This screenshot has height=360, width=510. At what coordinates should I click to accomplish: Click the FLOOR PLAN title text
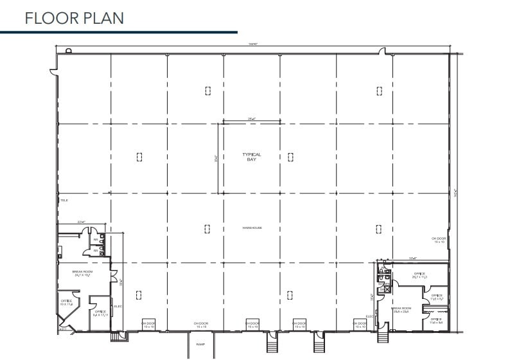[x=74, y=17]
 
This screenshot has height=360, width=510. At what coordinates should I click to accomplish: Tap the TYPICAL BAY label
[x=252, y=156]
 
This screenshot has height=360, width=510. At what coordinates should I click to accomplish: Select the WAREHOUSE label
[x=252, y=228]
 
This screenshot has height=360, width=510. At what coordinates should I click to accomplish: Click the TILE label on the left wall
[x=64, y=201]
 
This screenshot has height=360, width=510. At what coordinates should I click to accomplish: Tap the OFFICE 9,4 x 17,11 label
[x=100, y=313]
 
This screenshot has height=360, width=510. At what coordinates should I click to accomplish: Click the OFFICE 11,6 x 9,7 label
[x=436, y=297]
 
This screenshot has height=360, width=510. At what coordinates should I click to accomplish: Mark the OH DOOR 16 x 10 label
[x=439, y=240]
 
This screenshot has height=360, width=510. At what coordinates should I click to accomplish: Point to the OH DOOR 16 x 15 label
[x=202, y=325]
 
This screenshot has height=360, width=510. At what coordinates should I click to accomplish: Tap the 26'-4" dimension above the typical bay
[x=252, y=118]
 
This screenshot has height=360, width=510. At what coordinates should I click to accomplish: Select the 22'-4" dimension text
[x=82, y=221]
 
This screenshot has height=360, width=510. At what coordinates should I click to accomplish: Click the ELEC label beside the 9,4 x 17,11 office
[x=118, y=306]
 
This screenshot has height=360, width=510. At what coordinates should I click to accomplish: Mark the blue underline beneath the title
[x=119, y=32]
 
